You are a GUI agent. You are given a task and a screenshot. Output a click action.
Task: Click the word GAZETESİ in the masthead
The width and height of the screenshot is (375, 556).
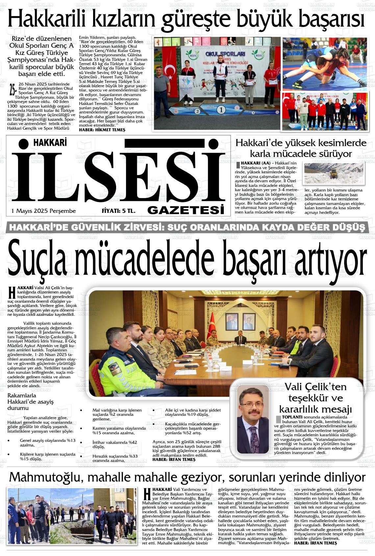186,210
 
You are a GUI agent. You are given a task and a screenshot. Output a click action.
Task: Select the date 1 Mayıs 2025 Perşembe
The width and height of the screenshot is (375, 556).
44,211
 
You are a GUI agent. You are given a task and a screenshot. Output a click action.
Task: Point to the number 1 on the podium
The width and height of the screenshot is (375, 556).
221,110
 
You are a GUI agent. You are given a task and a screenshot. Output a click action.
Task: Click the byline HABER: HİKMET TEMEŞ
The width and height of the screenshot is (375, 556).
102,130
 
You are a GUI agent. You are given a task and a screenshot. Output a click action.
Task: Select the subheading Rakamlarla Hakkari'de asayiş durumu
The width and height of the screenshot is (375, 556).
31,402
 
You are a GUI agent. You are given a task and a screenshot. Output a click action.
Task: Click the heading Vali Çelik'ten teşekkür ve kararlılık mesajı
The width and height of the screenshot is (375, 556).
315,398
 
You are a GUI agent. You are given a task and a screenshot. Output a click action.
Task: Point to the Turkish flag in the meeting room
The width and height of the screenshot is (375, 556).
211,324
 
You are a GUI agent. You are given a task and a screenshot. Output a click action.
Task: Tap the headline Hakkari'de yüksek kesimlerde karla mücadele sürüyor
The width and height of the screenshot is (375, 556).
301,148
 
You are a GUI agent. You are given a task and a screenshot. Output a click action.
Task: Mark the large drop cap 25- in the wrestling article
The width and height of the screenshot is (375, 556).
12,89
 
